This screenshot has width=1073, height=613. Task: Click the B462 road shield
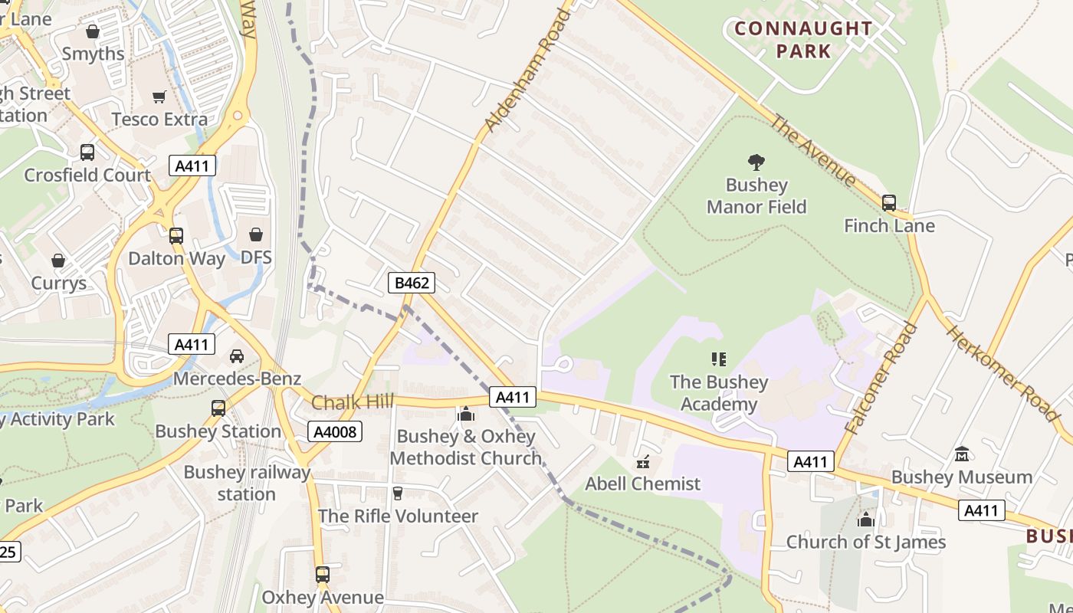point(412,283)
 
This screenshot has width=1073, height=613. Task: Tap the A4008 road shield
point(336,431)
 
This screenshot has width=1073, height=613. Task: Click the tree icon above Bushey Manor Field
point(756,162)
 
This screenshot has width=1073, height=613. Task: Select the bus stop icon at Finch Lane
point(889,203)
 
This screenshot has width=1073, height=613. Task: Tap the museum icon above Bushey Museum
point(962,454)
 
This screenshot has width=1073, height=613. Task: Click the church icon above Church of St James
point(866,520)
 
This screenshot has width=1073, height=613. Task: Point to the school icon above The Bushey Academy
point(718,359)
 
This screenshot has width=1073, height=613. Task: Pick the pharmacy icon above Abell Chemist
point(642,462)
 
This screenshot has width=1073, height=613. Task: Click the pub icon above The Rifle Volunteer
point(397,493)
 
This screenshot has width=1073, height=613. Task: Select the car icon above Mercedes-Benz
point(237,356)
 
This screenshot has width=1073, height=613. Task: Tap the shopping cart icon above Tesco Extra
point(159,97)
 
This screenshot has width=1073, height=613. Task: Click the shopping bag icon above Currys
point(58,261)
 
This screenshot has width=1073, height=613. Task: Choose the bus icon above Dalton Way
point(176,236)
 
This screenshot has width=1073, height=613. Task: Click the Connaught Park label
point(803,40)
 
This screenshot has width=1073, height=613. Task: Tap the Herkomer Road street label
point(1002,373)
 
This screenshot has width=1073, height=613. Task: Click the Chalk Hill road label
point(353,402)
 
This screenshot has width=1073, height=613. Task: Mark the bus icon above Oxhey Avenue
point(323,575)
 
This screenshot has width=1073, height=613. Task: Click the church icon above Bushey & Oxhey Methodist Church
point(465,415)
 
